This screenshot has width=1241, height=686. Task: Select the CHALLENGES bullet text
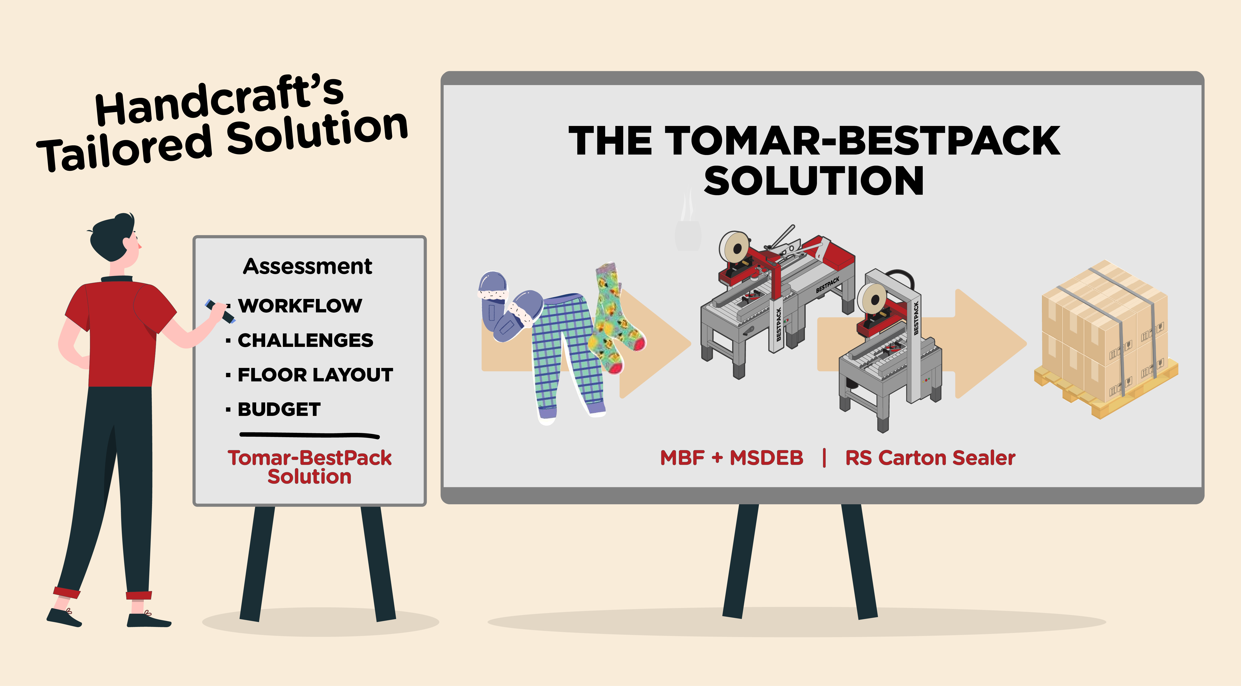click(306, 340)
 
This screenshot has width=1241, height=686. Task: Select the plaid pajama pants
click(569, 357)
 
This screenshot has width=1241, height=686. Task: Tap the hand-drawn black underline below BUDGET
click(309, 435)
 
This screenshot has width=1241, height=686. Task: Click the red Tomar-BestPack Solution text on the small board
click(309, 467)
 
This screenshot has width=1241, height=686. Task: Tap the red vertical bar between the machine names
click(824, 458)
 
